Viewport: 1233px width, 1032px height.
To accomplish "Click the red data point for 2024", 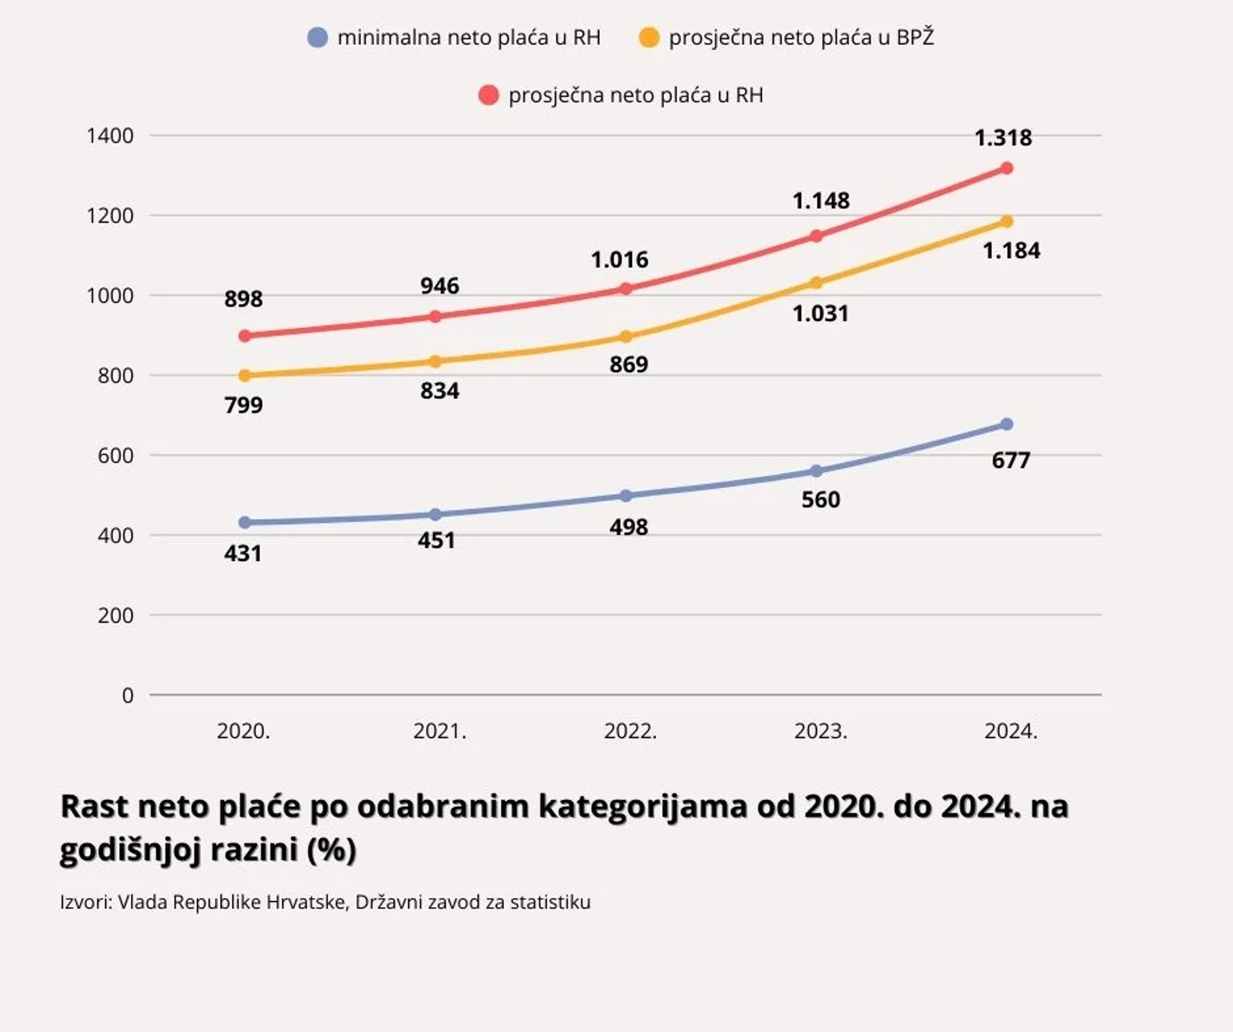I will tap(1006, 168).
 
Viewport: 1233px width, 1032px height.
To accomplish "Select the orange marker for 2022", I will tap(626, 336).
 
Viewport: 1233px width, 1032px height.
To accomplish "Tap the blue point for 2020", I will tap(245, 522).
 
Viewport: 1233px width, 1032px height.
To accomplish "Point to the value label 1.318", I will tap(1003, 138).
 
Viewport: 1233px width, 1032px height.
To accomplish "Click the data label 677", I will tap(1010, 460).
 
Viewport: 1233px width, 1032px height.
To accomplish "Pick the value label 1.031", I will tap(820, 314).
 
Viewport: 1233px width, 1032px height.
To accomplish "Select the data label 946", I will tap(439, 286).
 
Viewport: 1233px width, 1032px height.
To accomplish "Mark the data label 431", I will tap(242, 553).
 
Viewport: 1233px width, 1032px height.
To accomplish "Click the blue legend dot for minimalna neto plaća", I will tap(318, 37).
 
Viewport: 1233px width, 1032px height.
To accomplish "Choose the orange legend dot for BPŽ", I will tap(649, 37).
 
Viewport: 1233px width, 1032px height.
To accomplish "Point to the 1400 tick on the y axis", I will tap(111, 136).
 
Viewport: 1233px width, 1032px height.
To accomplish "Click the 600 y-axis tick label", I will tap(115, 456).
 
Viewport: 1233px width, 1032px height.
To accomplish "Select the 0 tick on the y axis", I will tap(127, 695).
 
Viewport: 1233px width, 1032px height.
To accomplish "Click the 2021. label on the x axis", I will tap(439, 731).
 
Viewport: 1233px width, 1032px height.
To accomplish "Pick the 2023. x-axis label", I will tap(820, 731).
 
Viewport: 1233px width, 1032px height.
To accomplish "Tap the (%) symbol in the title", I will tap(331, 849).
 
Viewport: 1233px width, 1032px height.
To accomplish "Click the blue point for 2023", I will tap(816, 471).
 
